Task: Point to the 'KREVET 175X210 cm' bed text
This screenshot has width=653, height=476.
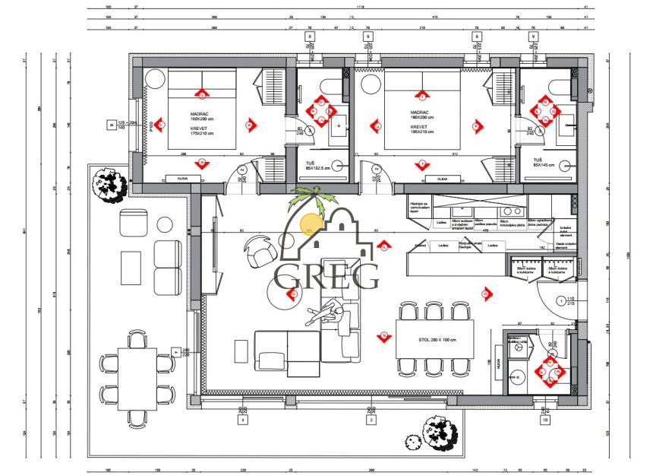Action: pyautogui.click(x=202, y=132)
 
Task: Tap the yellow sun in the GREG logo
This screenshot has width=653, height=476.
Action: pyautogui.click(x=311, y=223)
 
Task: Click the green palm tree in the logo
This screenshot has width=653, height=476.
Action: pyautogui.click(x=313, y=199)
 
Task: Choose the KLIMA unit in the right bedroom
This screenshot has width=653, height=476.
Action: pyautogui.click(x=437, y=179)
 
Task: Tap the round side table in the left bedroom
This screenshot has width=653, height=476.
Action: pyautogui.click(x=154, y=79)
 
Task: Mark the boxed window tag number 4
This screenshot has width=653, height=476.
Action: pyautogui.click(x=242, y=419)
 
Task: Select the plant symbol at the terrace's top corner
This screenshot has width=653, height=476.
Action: pyautogui.click(x=106, y=184)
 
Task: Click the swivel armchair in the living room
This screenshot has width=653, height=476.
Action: pyautogui.click(x=259, y=250)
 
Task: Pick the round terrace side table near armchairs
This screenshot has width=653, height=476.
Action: pyautogui.click(x=165, y=225)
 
